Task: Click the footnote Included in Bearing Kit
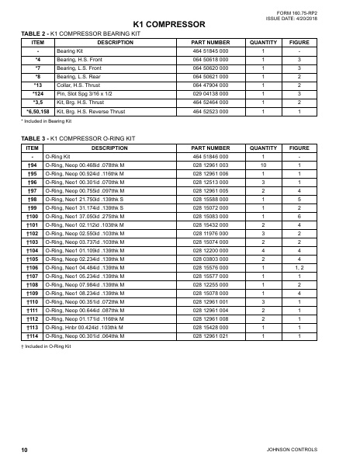coord(45,122)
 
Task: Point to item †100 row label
coord(33,216)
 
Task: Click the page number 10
coord(25,451)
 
